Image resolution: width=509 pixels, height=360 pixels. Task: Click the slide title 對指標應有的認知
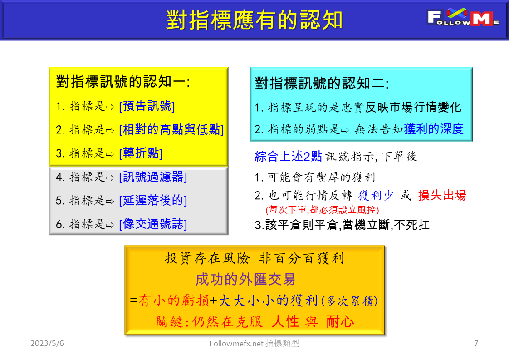pos(254,20)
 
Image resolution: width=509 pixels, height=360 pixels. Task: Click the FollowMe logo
pos(463,18)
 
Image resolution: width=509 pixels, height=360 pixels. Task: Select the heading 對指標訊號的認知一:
pos(123,82)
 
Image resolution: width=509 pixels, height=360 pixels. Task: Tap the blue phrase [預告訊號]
pos(147,106)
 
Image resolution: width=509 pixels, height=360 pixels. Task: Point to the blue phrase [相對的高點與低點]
pos(171,130)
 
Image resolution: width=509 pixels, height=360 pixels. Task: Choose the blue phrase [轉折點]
pos(141,153)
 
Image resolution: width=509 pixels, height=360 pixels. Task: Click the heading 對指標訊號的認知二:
pos(322,84)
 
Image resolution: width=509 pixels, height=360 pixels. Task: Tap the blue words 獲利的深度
pos(434,129)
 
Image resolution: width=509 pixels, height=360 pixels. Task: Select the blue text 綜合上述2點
pos(289,157)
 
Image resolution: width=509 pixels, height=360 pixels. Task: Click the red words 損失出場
pos(442,196)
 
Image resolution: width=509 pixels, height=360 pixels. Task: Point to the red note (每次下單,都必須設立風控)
pos(322,210)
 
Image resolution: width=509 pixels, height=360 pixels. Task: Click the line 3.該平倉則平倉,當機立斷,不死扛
pos(342,225)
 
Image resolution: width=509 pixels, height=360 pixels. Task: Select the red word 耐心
pos(340,322)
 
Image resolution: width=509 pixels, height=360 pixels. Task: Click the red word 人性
pos(285,322)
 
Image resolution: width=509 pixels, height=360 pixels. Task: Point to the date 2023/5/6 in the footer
pos(47,343)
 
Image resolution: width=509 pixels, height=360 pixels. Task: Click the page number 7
pos(476,343)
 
